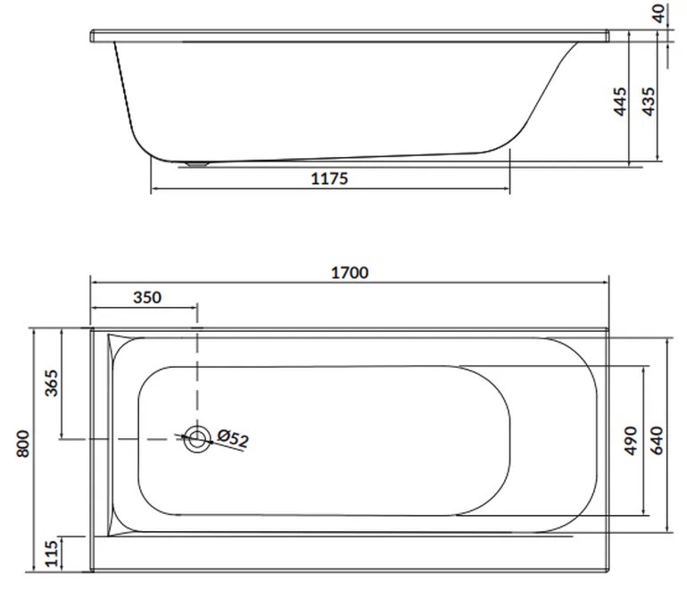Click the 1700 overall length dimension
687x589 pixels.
(350, 273)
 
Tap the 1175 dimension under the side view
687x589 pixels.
(329, 178)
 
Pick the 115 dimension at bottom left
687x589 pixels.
(51, 554)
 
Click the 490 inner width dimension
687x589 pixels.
(631, 441)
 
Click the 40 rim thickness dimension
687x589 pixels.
(659, 13)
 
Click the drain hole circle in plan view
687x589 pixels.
(197, 437)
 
